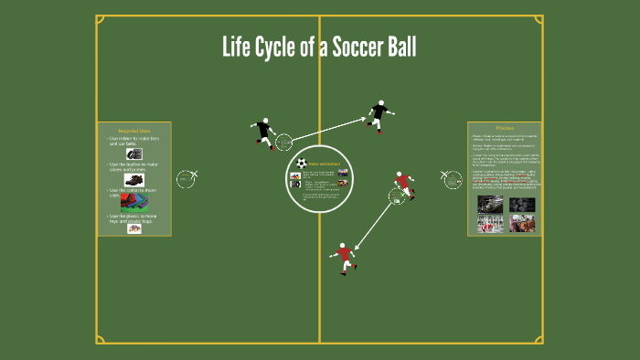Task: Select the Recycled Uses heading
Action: [x=133, y=131]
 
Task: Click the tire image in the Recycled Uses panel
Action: [x=134, y=154]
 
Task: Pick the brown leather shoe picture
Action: [x=134, y=180]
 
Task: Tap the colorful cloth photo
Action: [x=133, y=201]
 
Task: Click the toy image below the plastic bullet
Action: [x=134, y=228]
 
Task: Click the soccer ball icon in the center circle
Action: [x=301, y=163]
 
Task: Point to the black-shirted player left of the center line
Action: [x=264, y=132]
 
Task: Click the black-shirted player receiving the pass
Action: [x=379, y=114]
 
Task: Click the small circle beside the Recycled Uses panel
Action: [x=186, y=178]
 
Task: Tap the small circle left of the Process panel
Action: [x=452, y=178]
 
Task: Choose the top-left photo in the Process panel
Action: [x=488, y=204]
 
